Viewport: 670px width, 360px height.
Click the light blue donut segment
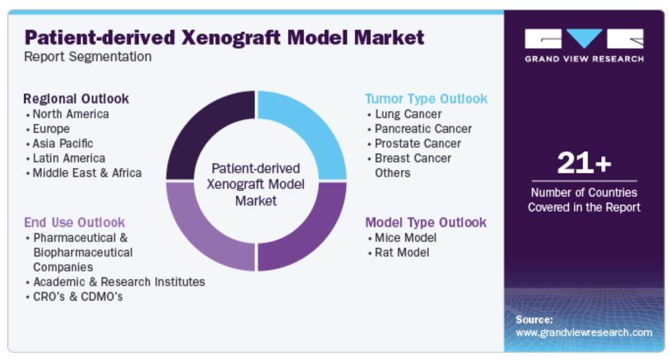tap(312, 128)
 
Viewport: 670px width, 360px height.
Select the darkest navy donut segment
tap(201, 128)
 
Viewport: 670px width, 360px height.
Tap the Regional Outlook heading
tap(76, 99)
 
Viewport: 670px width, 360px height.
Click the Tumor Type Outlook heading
tap(426, 99)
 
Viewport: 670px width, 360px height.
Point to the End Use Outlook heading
tap(75, 223)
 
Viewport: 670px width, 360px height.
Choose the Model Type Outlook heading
tap(426, 223)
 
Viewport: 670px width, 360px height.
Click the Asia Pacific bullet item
tap(63, 143)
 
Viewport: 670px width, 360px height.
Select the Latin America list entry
tap(69, 158)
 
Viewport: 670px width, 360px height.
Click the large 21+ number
tap(584, 163)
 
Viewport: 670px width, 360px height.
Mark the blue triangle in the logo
tap(584, 37)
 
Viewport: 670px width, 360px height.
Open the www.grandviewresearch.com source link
tap(584, 333)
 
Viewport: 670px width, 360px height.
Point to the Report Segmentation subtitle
tap(88, 56)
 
